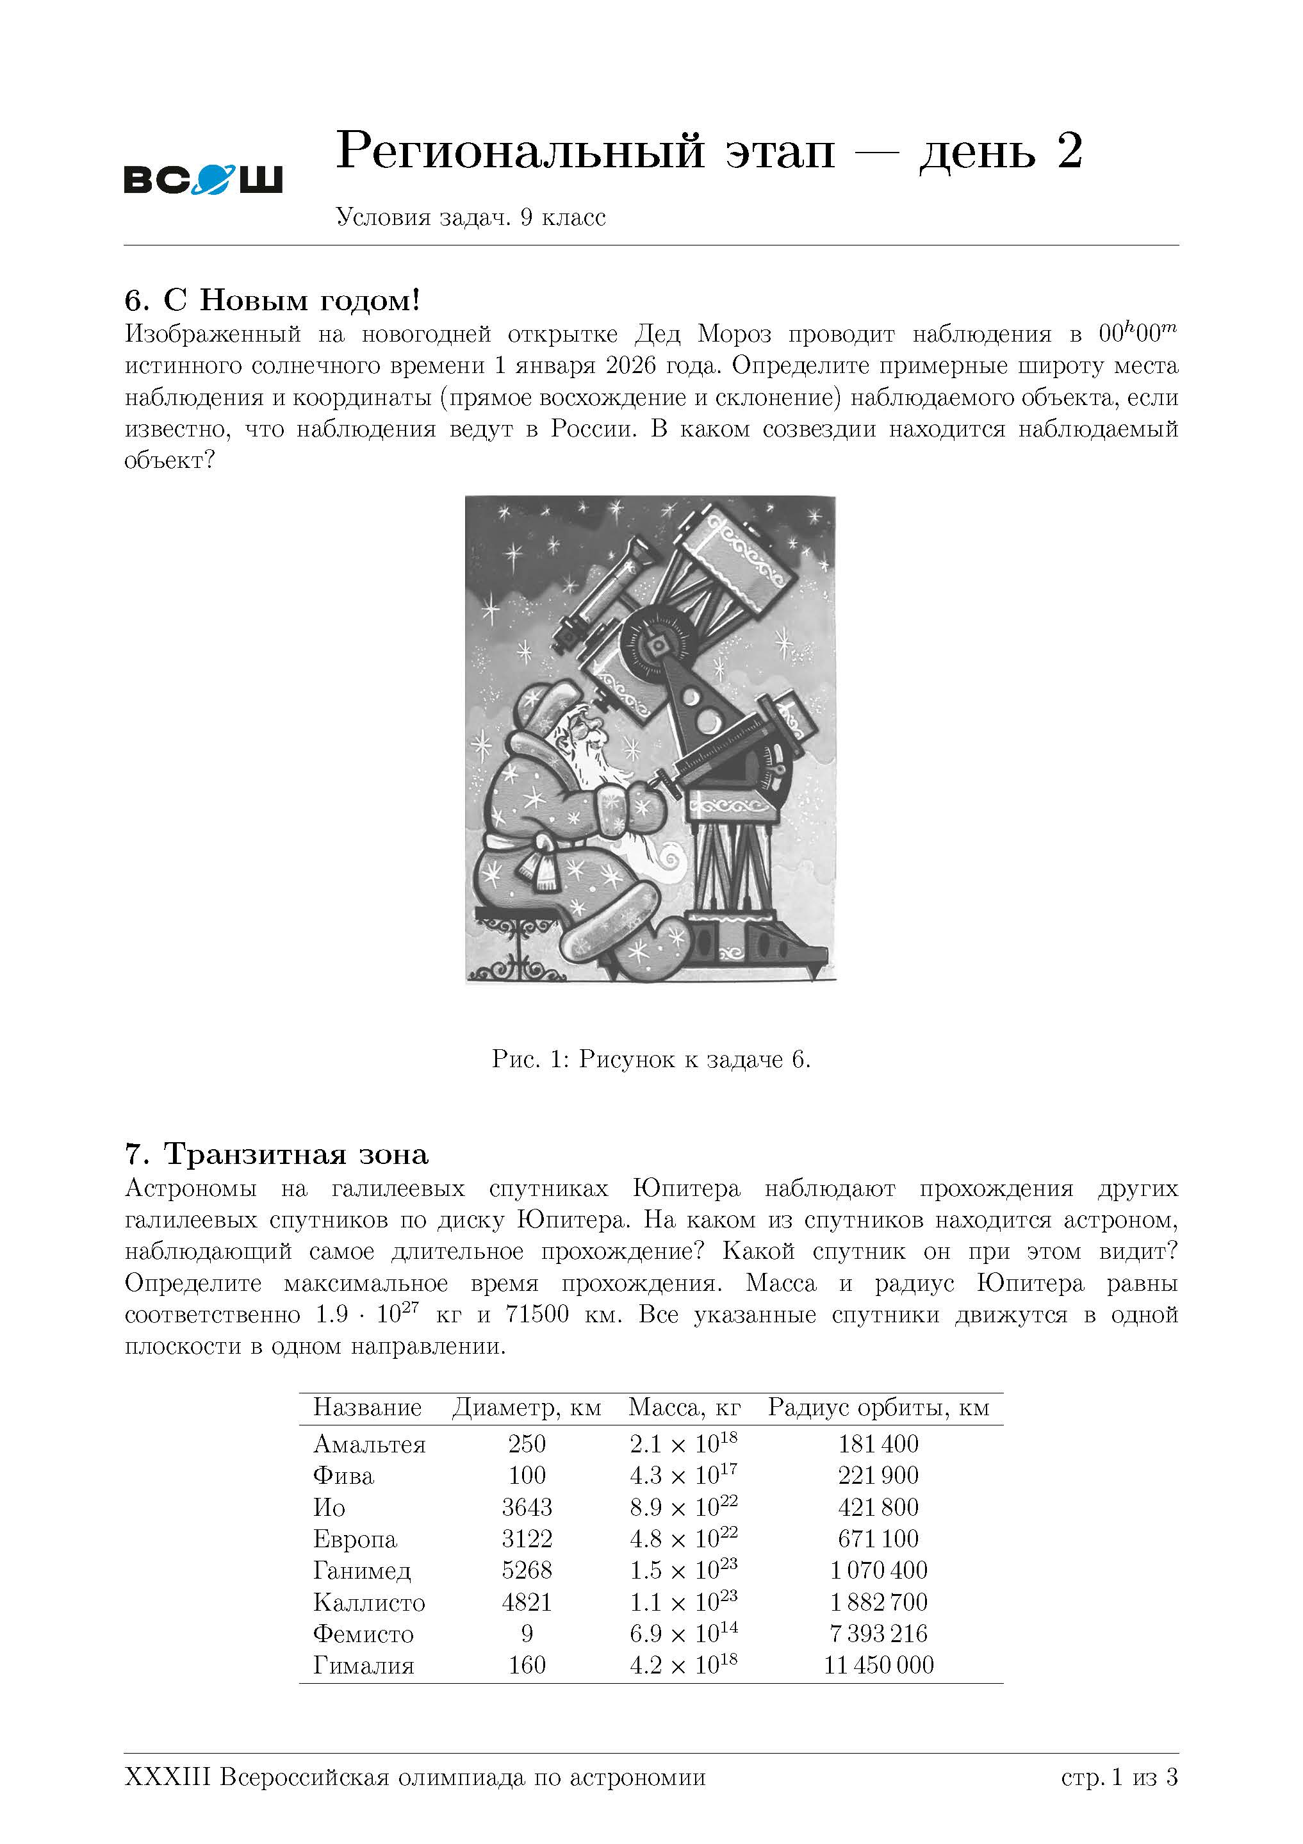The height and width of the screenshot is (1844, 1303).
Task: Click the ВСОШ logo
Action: pos(203,178)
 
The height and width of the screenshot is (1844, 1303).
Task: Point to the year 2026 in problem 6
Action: pos(631,365)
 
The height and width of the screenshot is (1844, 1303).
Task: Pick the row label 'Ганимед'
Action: pos(362,1570)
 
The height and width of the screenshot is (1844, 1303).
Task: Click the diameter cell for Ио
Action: pos(527,1507)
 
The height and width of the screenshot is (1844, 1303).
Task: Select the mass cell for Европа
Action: pos(684,1538)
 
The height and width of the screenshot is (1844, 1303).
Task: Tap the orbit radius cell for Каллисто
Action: pos(878,1602)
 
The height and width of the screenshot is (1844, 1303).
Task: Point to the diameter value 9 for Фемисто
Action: pos(527,1634)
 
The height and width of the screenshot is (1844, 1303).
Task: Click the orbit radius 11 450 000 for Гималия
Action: pos(878,1665)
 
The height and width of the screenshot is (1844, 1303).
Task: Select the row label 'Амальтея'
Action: pos(369,1444)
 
